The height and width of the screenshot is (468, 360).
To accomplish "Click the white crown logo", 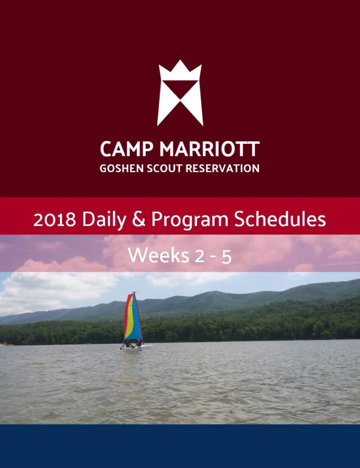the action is click(x=180, y=93).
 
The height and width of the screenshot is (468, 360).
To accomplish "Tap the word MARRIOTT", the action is click(x=209, y=149).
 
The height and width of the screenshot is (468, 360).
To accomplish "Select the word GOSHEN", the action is click(x=121, y=168).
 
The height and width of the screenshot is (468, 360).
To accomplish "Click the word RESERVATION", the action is click(x=222, y=168).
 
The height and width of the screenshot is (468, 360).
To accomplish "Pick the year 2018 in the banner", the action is click(x=54, y=220).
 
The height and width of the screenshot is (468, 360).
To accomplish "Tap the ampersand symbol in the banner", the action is click(x=138, y=219).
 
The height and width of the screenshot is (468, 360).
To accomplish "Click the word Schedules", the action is click(x=280, y=219).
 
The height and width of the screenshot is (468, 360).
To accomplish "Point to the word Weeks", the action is click(x=158, y=255).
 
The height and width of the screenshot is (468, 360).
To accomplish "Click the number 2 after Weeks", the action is click(x=200, y=256).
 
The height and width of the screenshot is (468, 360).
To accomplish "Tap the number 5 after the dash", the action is click(x=227, y=257).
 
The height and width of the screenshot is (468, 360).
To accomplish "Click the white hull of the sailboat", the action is click(x=136, y=347).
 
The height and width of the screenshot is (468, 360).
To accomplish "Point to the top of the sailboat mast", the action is click(x=134, y=292).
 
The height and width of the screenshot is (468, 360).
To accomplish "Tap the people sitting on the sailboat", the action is click(x=133, y=344).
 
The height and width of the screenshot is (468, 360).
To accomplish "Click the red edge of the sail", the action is click(x=127, y=316).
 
